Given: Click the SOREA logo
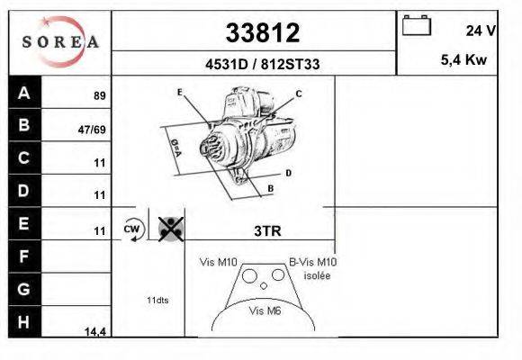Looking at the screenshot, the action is [x=60, y=41].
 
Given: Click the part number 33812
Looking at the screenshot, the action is [x=263, y=32].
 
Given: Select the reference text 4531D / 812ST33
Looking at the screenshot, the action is [x=262, y=64].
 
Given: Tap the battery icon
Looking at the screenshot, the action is [x=417, y=25].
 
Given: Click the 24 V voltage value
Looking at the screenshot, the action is [x=481, y=31].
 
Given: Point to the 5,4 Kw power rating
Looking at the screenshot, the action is [x=463, y=60].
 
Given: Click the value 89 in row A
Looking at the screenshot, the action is [x=100, y=95].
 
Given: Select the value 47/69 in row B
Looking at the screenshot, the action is [x=92, y=130].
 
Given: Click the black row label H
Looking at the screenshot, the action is [x=24, y=321].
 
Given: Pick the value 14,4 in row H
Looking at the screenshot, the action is [x=95, y=331].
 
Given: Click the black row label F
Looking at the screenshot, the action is [x=24, y=256].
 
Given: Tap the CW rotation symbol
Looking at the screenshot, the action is [x=134, y=229].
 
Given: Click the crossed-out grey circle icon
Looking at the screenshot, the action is [x=171, y=229].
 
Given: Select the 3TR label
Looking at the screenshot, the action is [x=267, y=230].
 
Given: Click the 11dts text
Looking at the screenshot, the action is [x=157, y=300].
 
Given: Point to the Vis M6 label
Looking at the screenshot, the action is [x=265, y=310].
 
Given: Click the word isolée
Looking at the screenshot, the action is [x=318, y=275].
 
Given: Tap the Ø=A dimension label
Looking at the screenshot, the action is [x=176, y=148].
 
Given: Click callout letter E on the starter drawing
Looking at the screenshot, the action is [x=180, y=92].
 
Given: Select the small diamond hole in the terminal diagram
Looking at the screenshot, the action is [x=264, y=285].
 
